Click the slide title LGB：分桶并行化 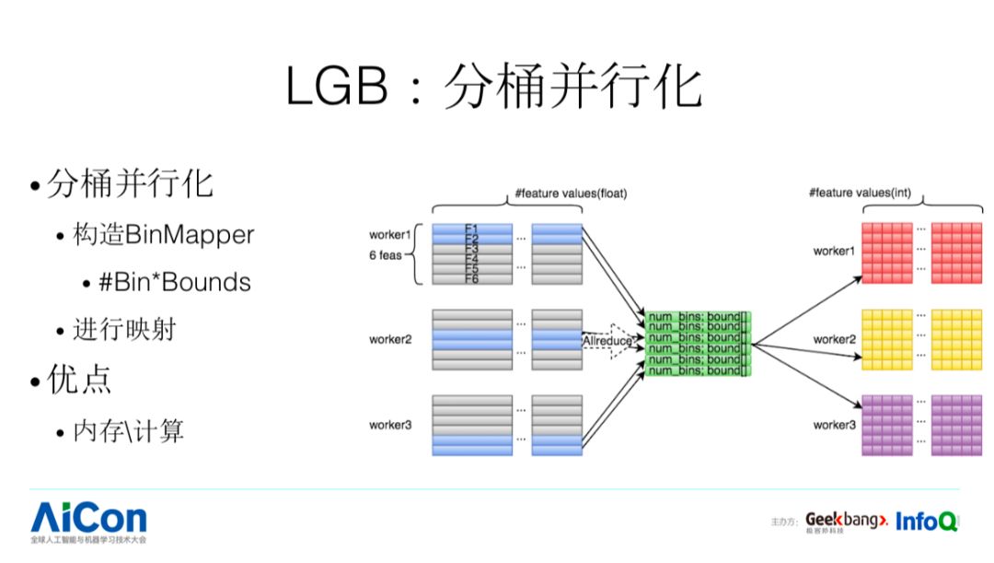coord(494,88)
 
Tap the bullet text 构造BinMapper coord(164,235)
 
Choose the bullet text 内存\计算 coord(129,430)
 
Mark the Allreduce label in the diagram coord(607,341)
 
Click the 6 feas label coord(387,255)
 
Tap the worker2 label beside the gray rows coord(392,340)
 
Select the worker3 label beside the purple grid coord(834,425)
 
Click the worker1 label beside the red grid coord(834,251)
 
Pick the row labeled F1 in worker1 coord(472,227)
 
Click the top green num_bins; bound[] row coord(699,317)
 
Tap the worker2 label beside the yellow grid coord(834,339)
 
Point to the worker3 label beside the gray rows coord(392,425)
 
